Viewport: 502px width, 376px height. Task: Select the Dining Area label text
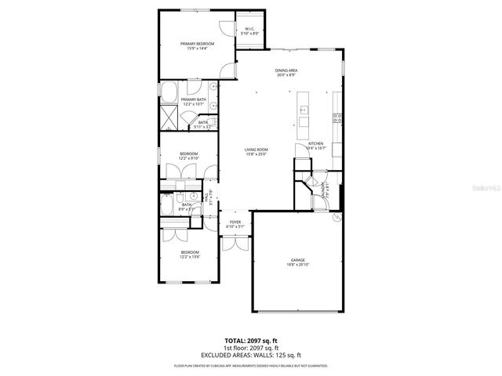(286, 73)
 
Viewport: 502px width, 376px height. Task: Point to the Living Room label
(256, 152)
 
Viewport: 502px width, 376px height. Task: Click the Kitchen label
(315, 146)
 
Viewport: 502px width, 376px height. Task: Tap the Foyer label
(235, 224)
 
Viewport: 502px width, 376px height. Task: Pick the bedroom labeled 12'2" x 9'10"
(188, 156)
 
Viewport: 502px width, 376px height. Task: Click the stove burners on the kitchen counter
(336, 118)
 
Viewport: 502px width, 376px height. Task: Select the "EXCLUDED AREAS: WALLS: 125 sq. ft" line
(251, 355)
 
